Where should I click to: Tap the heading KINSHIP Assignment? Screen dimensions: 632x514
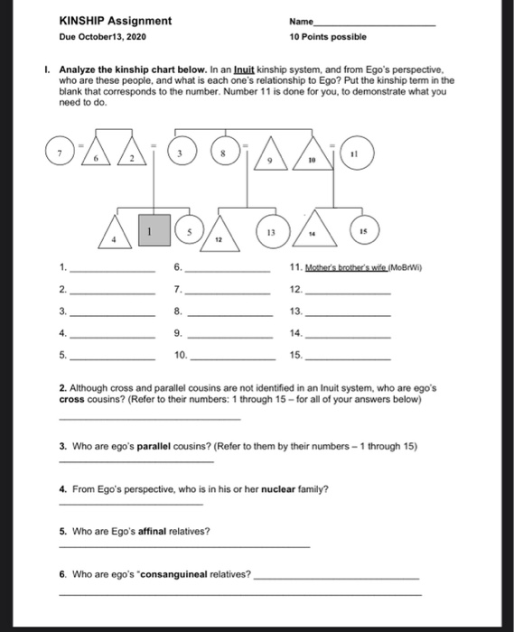115,21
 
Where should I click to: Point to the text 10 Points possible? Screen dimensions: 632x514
328,38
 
